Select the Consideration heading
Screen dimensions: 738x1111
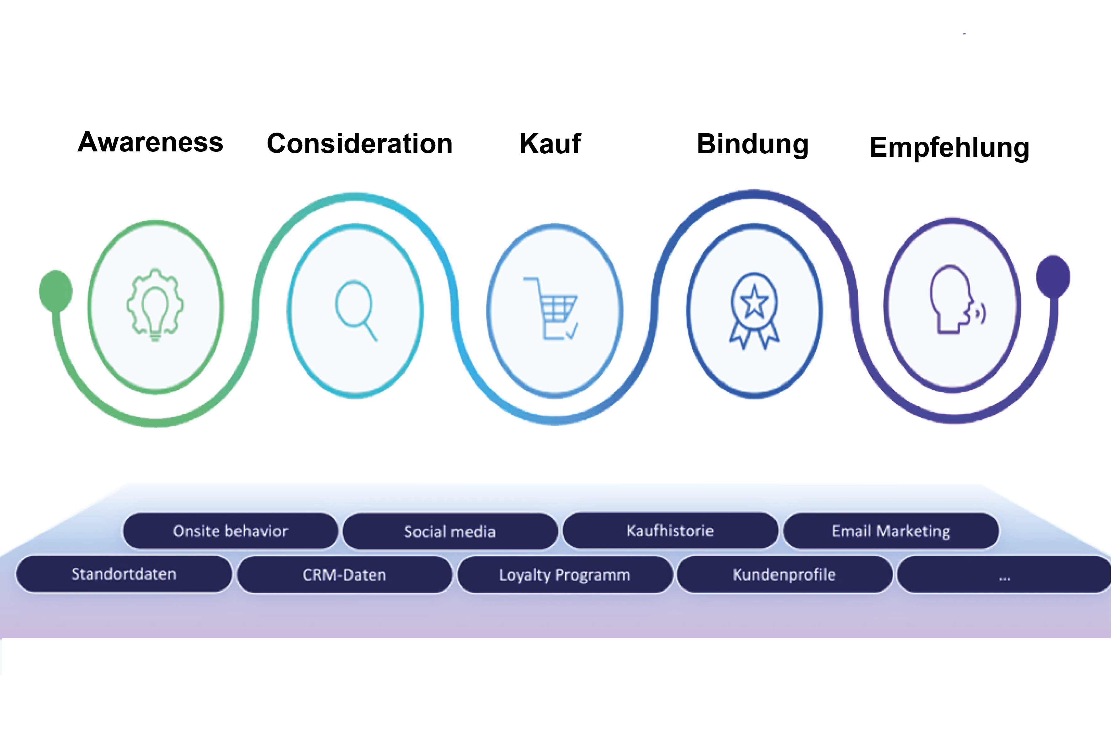tap(360, 144)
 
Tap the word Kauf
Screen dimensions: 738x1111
tap(550, 144)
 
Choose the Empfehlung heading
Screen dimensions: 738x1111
tap(949, 147)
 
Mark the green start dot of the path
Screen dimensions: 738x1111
tap(56, 290)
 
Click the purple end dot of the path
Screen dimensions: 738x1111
tap(1053, 276)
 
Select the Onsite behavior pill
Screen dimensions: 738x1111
tap(230, 531)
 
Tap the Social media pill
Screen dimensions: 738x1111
tap(449, 531)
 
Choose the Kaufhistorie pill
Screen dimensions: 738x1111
tap(670, 530)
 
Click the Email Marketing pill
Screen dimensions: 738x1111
tap(891, 531)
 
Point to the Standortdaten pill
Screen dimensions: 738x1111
tap(124, 574)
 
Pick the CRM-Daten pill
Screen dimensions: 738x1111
tap(344, 575)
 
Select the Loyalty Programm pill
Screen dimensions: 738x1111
tap(565, 575)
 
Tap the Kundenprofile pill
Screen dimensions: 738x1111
tap(784, 574)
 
